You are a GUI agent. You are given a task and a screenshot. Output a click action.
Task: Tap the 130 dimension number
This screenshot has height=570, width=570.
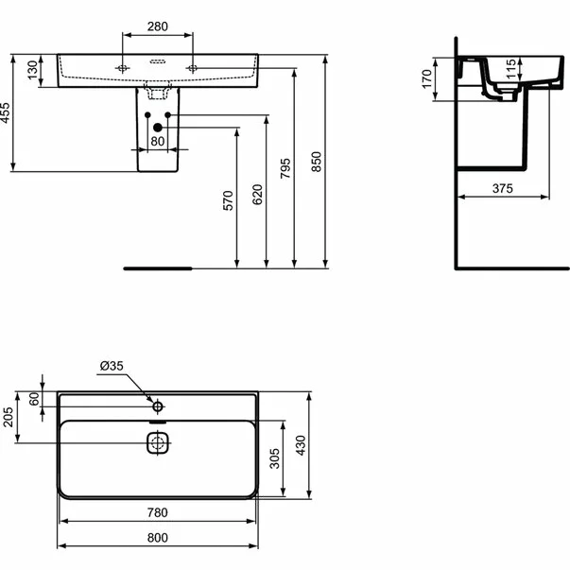click(33, 72)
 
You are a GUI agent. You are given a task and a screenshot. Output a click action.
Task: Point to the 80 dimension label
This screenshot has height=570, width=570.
click(158, 142)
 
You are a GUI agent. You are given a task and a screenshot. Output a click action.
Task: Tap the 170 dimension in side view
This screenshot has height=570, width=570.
click(427, 80)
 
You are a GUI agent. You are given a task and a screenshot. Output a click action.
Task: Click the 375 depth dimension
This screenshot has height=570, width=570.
click(502, 189)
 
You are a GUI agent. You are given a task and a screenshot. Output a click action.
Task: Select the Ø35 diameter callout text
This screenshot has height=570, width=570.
click(112, 366)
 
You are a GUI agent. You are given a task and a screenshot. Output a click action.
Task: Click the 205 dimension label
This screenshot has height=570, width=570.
click(8, 417)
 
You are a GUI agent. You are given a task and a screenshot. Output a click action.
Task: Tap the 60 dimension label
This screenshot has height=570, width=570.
click(34, 398)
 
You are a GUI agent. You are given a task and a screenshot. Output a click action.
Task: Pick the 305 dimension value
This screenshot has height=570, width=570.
click(274, 459)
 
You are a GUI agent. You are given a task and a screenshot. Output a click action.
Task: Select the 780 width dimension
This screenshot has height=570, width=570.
click(157, 513)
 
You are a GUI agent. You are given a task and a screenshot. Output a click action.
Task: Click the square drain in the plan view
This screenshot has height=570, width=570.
click(157, 441)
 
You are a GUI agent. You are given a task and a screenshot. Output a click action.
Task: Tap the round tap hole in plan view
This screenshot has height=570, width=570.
click(158, 407)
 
